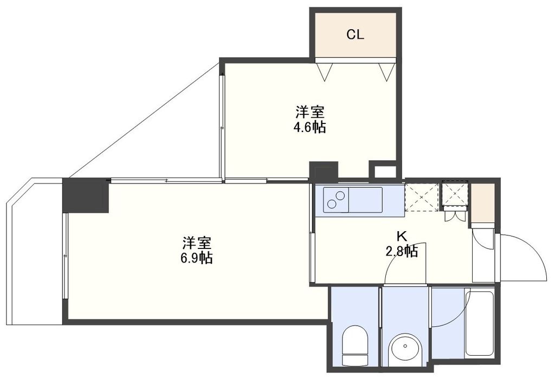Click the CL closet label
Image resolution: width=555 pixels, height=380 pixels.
pos(356,35)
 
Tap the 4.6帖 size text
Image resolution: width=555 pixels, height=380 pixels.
pos(311,128)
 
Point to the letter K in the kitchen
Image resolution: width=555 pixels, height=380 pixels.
pos(402,237)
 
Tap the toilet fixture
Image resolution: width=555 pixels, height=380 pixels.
pos(355,345)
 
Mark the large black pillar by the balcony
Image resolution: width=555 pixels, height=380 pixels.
pos(86,195)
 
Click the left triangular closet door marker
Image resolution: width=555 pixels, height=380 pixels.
pos(325,71)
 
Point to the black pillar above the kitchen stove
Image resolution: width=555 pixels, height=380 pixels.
pos(324,172)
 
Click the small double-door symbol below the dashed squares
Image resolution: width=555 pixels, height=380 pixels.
pos(454,214)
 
